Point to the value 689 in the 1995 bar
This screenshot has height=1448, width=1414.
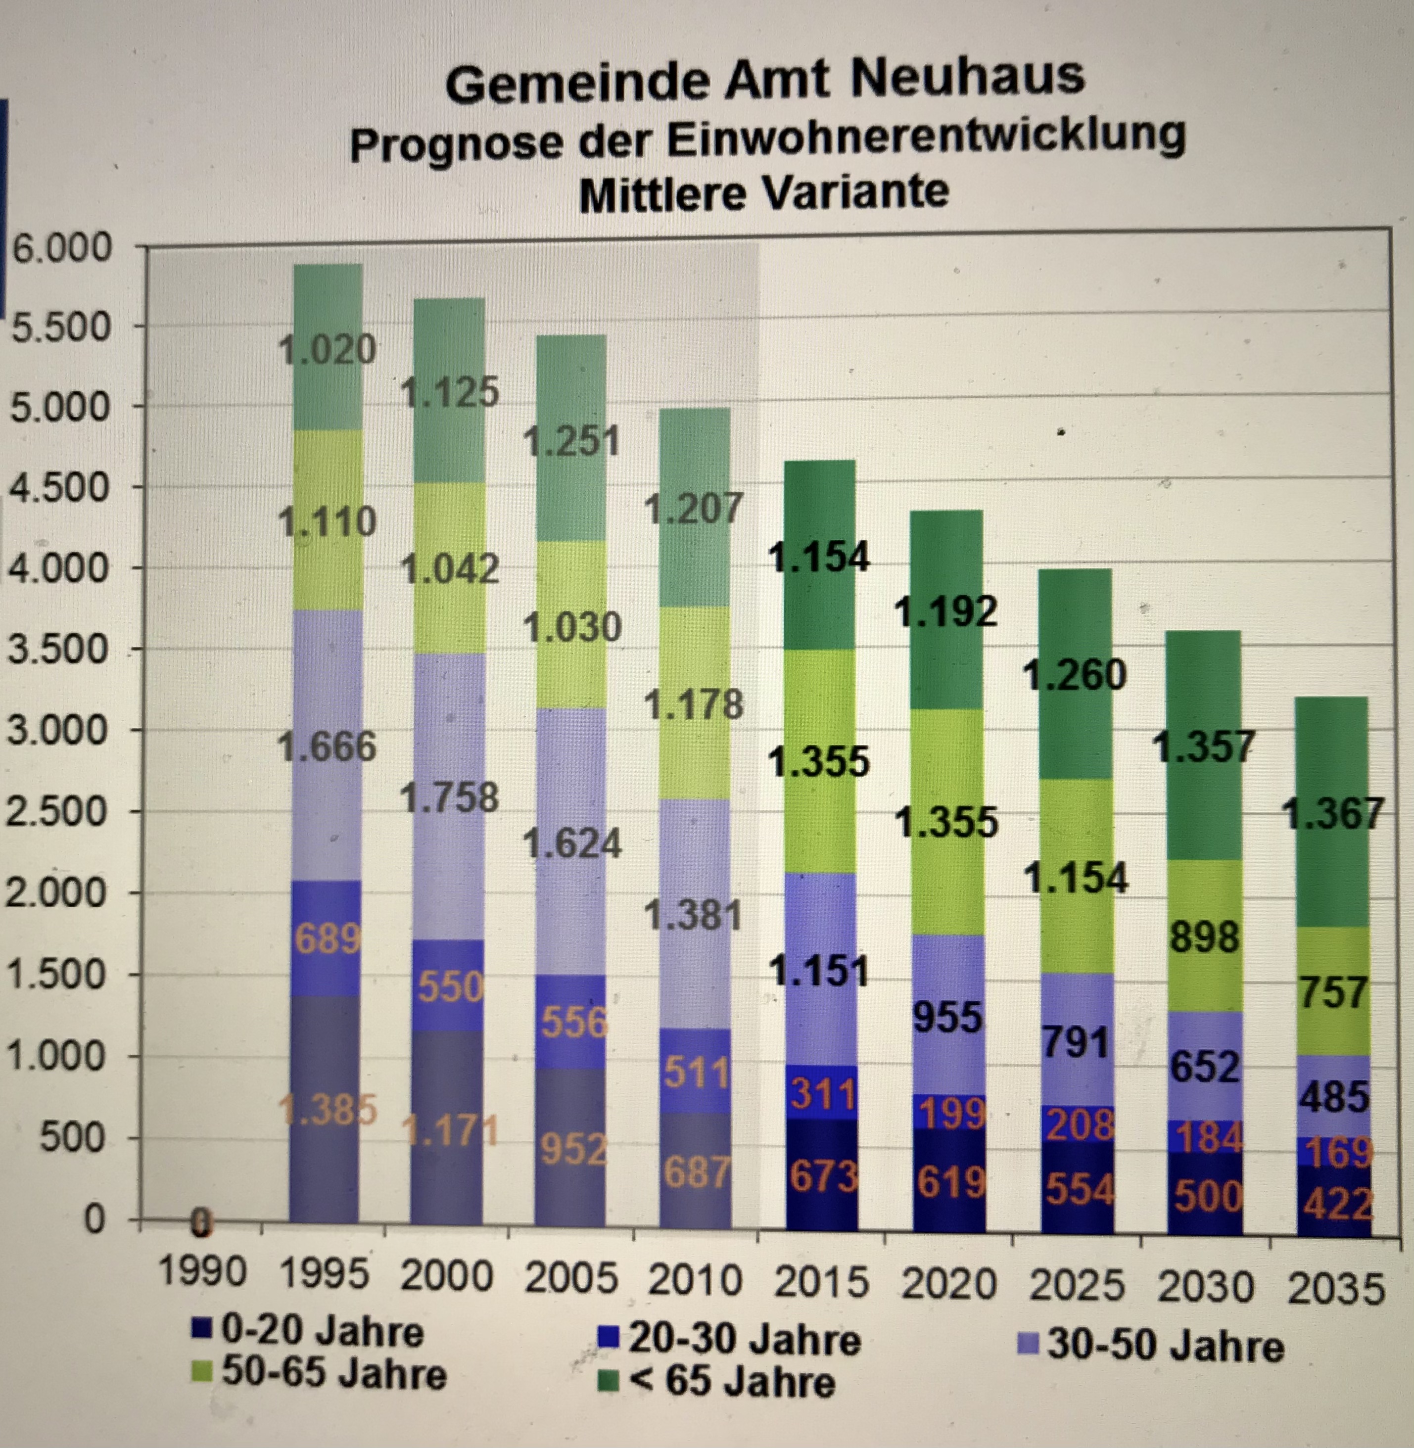327,939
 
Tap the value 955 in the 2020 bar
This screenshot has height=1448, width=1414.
947,1017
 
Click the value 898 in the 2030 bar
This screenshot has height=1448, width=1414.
1205,937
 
